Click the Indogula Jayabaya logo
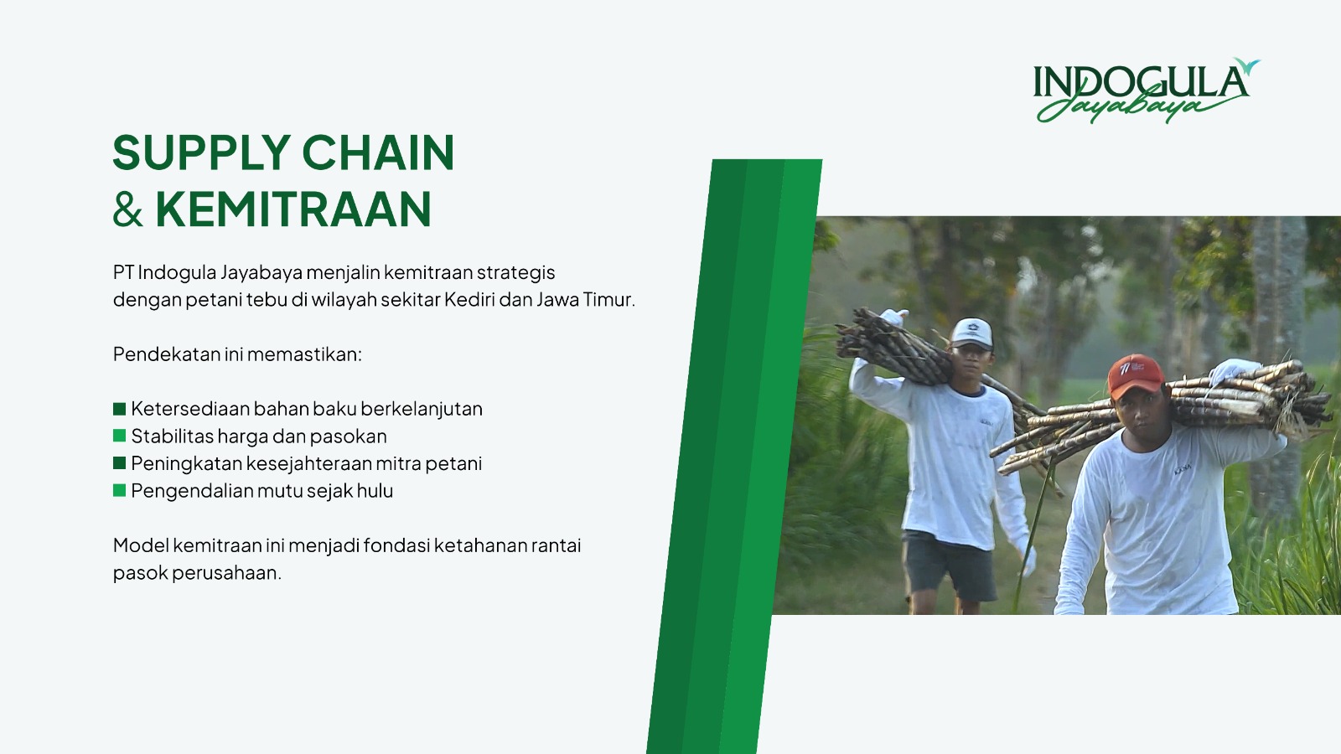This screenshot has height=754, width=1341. [x=1146, y=90]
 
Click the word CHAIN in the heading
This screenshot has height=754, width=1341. [x=378, y=152]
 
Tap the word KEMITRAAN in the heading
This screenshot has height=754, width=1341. [x=293, y=209]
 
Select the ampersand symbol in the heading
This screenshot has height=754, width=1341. [x=127, y=209]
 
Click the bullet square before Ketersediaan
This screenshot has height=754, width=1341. [x=119, y=409]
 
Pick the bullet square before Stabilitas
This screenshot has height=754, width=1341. [x=119, y=436]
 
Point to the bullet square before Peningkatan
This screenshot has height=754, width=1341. [x=119, y=463]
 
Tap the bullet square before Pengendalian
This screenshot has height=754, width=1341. [x=119, y=491]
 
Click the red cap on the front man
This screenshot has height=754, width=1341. [x=1136, y=374]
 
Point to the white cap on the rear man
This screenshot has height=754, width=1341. [x=972, y=333]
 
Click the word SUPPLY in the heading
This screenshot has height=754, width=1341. [x=202, y=152]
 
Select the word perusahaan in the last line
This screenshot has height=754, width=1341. [x=226, y=573]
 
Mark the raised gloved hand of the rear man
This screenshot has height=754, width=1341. [x=893, y=317]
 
